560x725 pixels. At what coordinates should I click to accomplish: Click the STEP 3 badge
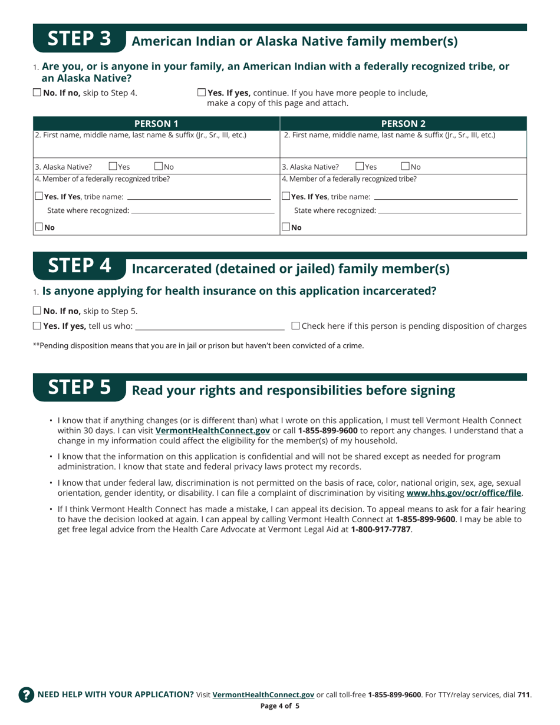tap(79, 39)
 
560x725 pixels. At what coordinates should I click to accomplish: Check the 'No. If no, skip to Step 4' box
tap(37, 93)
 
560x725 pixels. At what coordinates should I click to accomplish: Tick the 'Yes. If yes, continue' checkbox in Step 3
tap(202, 93)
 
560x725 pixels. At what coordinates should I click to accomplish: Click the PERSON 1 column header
tap(156, 124)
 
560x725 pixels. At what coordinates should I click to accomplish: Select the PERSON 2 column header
tap(403, 124)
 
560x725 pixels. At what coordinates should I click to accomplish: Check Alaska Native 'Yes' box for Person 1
tap(113, 167)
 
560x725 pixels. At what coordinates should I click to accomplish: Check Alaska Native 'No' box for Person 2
tap(406, 167)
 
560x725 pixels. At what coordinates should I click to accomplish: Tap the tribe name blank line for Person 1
tap(199, 196)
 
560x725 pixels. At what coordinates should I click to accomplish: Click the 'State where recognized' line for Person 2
tap(449, 210)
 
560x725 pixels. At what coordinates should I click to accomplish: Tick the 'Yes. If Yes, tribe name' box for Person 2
tap(286, 196)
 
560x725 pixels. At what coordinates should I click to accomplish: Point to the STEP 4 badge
tap(79, 266)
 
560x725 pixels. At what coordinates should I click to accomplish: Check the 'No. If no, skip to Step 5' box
tap(37, 311)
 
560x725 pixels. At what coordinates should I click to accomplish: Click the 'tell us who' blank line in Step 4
tap(210, 326)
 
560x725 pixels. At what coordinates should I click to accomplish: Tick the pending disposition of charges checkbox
tap(296, 325)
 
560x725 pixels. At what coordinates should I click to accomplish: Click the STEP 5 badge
tap(79, 388)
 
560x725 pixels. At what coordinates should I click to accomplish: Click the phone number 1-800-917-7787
tap(381, 529)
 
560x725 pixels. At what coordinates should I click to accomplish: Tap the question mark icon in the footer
tap(26, 694)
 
